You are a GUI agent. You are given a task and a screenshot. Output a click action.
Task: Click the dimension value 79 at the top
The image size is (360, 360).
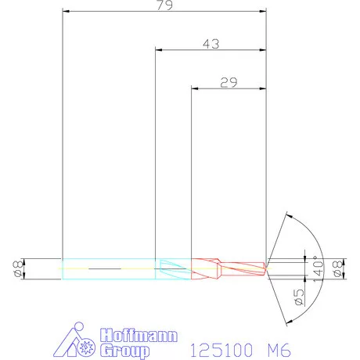pyautogui.click(x=164, y=5)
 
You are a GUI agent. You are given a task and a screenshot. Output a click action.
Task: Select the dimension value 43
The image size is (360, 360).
pyautogui.click(x=210, y=44)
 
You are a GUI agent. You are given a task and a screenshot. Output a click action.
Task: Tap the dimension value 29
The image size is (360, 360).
pyautogui.click(x=229, y=81)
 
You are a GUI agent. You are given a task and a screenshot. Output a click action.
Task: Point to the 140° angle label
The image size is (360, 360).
pyautogui.click(x=317, y=268)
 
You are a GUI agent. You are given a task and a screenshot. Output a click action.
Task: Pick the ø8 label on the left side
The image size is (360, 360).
pyautogui.click(x=17, y=268)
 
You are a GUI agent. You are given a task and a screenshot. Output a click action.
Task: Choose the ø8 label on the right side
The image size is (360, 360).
pyautogui.click(x=339, y=268)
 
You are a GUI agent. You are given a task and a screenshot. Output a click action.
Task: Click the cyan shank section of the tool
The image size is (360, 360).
pyautogui.click(x=110, y=268)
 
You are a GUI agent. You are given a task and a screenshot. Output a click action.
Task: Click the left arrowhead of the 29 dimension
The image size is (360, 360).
pyautogui.click(x=196, y=88)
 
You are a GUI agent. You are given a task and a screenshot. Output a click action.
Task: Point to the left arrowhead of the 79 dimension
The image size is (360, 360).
pyautogui.click(x=66, y=12)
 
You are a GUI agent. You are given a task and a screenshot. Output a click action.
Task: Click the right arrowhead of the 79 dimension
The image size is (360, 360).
pyautogui.click(x=263, y=12)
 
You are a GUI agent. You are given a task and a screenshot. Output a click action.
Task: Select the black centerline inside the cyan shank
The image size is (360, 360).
pyautogui.click(x=102, y=268)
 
